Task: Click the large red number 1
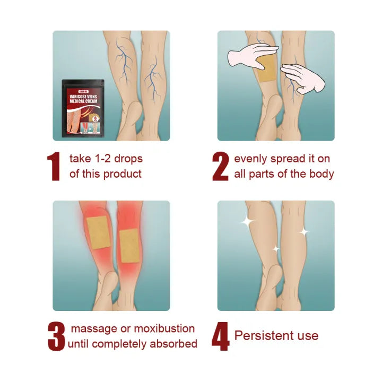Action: tap(54, 166)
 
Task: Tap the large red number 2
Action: tap(220, 166)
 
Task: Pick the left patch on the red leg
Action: tap(97, 233)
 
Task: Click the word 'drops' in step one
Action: tap(128, 159)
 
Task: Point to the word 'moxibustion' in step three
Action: tap(164, 329)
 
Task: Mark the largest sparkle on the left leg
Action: tap(247, 222)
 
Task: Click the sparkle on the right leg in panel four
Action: tap(303, 232)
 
